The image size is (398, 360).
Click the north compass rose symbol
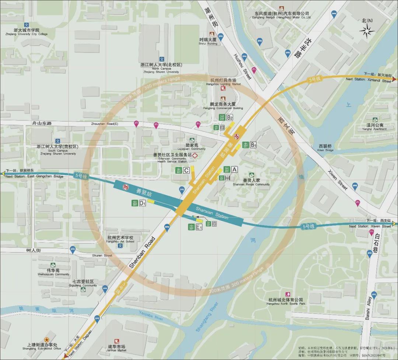[367, 31]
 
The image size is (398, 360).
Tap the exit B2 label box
[230, 118]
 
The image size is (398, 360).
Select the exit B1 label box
[253, 145]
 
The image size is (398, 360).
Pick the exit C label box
[186, 170]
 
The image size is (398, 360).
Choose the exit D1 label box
[142, 203]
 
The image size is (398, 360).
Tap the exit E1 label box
[199, 227]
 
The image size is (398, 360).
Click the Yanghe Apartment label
[374, 127]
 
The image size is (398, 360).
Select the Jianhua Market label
[116, 348]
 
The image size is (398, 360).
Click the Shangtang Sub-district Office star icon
[47, 339]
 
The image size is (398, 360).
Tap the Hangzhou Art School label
[120, 239]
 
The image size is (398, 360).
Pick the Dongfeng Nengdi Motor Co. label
[282, 15]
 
